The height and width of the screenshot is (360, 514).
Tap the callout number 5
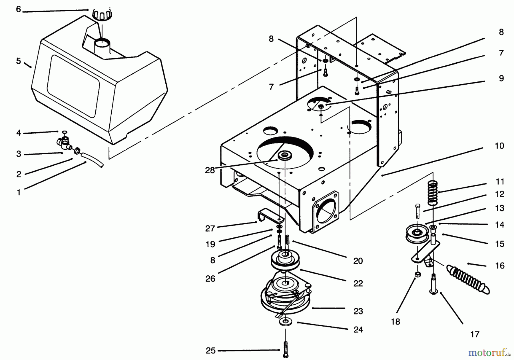click(x=19, y=61)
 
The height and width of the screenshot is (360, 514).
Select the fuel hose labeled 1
click(x=92, y=159)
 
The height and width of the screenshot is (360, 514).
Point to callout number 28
click(x=210, y=170)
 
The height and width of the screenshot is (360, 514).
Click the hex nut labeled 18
click(x=417, y=275)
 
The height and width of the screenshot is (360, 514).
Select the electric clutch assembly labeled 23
click(x=286, y=293)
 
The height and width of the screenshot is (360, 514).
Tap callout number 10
click(x=499, y=146)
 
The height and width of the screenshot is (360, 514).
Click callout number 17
click(x=475, y=334)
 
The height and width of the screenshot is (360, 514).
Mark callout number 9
click(x=501, y=78)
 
